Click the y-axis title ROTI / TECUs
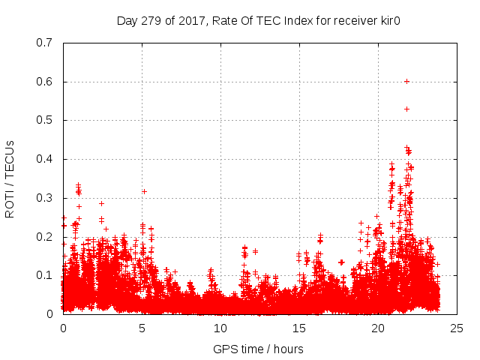tap(10, 178)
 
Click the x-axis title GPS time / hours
tap(258, 349)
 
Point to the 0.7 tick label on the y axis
tap(46, 43)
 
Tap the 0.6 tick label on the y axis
tap(46, 82)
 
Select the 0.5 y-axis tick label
tap(46, 120)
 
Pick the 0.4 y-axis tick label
tap(46, 159)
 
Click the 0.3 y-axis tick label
tap(46, 198)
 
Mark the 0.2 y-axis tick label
tap(46, 237)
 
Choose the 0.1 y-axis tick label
tap(46, 275)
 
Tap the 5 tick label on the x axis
tap(142, 328)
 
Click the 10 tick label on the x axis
tap(220, 328)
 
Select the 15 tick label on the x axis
tap(299, 328)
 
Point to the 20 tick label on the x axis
tap(378, 328)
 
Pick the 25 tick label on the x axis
tap(457, 328)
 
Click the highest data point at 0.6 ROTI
tap(406, 81)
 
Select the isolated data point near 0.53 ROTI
tap(406, 109)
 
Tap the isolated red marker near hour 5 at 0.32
tap(144, 191)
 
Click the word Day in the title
tap(127, 19)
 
